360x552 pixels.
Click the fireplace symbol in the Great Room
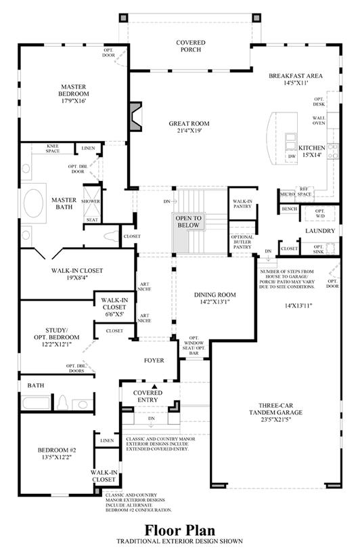pyautogui.click(x=135, y=116)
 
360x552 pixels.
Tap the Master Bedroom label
pyautogui.click(x=74, y=90)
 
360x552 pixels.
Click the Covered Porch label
pyautogui.click(x=191, y=46)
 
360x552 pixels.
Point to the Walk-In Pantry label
pyautogui.click(x=242, y=204)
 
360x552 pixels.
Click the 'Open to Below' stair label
pyautogui.click(x=188, y=221)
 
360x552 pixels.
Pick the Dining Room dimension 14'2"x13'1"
pyautogui.click(x=215, y=301)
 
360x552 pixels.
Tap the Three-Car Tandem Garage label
pyautogui.click(x=275, y=408)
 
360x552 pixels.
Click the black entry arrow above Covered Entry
pyautogui.click(x=154, y=386)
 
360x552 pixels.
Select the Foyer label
pyautogui.click(x=154, y=360)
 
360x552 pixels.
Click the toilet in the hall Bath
pyautogui.click(x=62, y=402)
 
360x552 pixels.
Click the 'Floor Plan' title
pyautogui.click(x=179, y=530)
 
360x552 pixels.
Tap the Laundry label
pyautogui.click(x=320, y=231)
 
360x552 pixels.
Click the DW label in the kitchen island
pyautogui.click(x=292, y=156)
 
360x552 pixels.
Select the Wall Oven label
pyautogui.click(x=319, y=121)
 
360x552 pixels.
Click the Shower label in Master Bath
pyautogui.click(x=91, y=201)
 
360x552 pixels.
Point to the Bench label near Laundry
pyautogui.click(x=290, y=209)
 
